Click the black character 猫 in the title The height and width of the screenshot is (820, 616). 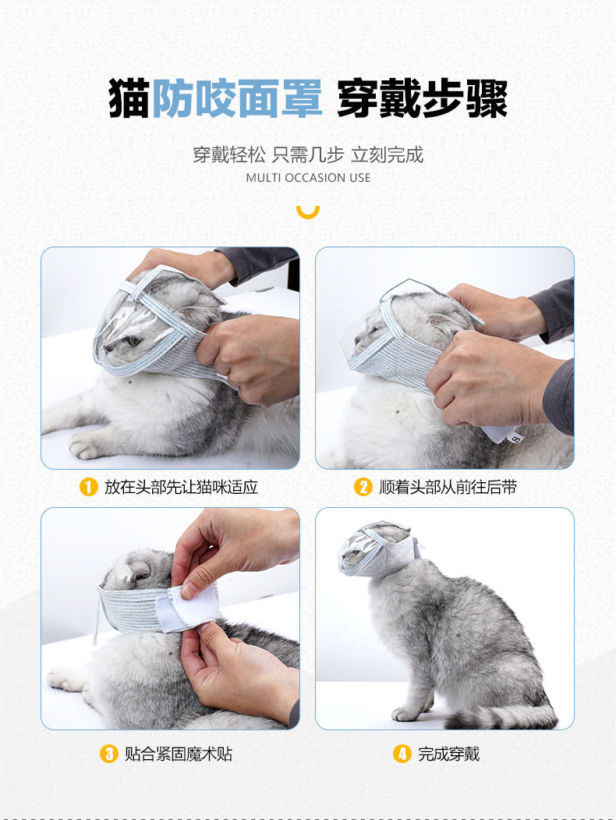tap(129, 99)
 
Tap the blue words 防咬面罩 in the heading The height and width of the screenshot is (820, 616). tap(237, 99)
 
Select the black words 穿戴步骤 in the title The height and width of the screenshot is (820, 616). tap(422, 99)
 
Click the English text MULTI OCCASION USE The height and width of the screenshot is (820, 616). tap(308, 178)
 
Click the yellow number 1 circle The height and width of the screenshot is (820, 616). tap(89, 488)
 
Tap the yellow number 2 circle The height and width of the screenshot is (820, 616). tap(363, 488)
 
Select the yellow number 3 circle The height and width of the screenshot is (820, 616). tap(108, 754)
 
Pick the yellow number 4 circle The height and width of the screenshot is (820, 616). tap(402, 754)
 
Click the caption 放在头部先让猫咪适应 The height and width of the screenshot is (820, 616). tap(181, 488)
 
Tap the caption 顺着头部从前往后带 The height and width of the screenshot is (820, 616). tap(448, 488)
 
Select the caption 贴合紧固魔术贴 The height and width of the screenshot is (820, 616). tap(178, 754)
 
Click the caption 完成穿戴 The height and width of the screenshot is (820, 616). tap(449, 754)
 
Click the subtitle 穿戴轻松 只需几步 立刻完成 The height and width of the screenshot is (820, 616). tap(308, 154)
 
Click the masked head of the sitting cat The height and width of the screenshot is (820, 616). tap(378, 548)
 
